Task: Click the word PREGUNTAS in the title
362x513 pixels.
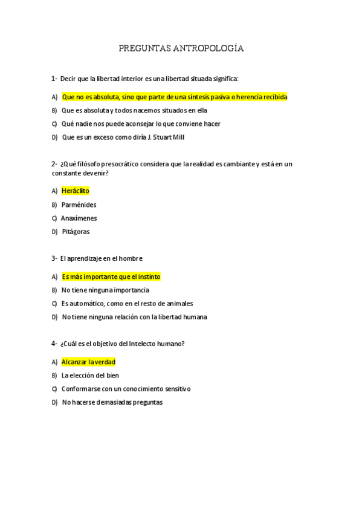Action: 144,48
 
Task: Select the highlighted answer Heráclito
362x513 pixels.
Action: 75,191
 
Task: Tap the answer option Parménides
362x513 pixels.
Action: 79,205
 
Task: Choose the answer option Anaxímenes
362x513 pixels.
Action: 79,218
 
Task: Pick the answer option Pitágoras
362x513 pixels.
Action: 76,232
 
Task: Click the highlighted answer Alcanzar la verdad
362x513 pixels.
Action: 88,362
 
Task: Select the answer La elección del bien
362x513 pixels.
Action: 91,375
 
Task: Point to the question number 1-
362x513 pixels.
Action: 54,79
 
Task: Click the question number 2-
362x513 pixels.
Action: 54,164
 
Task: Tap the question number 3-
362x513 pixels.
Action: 54,258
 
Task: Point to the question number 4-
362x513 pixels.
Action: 54,344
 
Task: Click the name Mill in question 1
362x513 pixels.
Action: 178,137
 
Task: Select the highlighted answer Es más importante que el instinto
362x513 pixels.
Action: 111,276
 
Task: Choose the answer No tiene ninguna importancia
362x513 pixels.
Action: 105,290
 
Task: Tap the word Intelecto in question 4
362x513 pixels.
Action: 141,344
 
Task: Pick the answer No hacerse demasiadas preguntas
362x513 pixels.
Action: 112,402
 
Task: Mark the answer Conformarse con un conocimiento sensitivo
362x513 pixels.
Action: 126,388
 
